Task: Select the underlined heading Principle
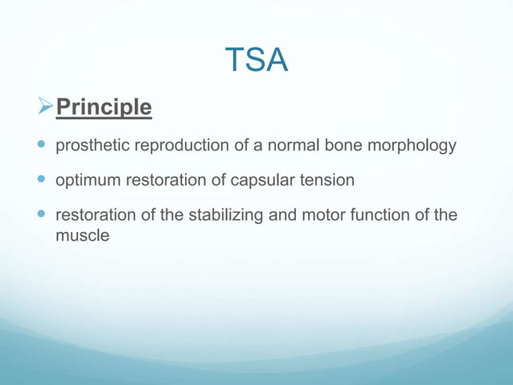tap(103, 107)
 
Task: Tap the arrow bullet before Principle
tap(45, 107)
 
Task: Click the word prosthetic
tap(90, 147)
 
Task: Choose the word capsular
tap(261, 180)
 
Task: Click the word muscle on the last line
tap(81, 238)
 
